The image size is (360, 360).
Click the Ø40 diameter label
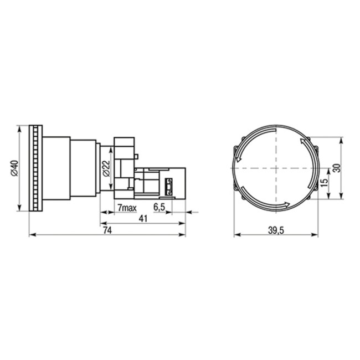[15, 168]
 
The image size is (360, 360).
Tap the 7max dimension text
[127, 207]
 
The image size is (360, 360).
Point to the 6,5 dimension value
[159, 207]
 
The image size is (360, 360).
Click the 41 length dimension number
[142, 219]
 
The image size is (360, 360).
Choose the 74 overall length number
[107, 231]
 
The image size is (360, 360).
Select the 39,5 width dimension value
[275, 230]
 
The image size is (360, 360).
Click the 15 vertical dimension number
[325, 181]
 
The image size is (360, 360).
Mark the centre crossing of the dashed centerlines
[276, 167]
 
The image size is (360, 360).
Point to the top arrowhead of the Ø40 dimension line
[20, 128]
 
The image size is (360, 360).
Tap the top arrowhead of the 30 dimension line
[342, 141]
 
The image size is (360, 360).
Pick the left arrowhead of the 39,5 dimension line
[236, 235]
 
